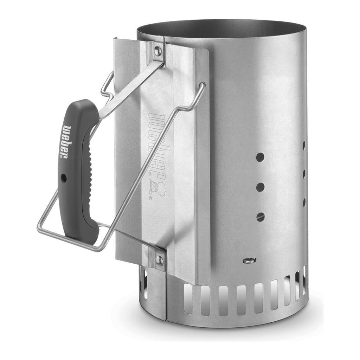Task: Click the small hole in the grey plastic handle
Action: coord(64,178)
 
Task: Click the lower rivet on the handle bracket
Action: coord(159,260)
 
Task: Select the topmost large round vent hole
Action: coord(260,157)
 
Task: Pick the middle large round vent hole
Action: coord(261,187)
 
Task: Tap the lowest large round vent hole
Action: coord(261,217)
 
